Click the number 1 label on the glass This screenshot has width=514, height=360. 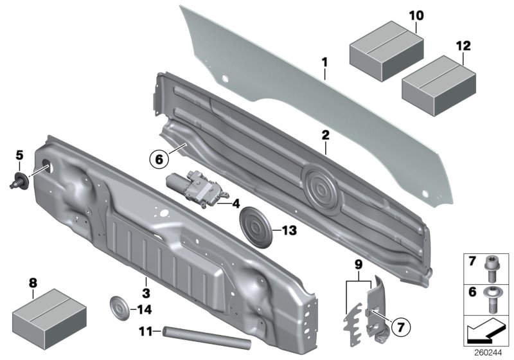tap(325, 63)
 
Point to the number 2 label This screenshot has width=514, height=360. tap(326, 135)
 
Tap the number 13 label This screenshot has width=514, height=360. tap(289, 230)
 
